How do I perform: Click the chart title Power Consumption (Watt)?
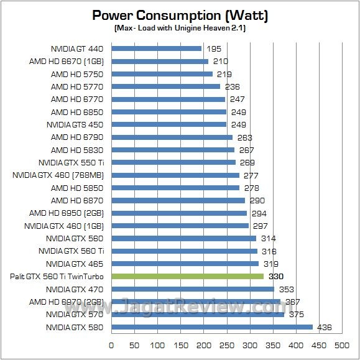point(180,15)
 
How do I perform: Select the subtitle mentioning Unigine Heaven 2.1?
point(180,29)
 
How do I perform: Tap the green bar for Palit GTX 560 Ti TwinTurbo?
point(187,276)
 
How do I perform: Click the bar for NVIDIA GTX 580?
point(211,327)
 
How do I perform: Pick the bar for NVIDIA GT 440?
point(156,48)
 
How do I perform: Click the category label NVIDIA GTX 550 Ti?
point(72,162)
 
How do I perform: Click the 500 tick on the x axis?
point(341,344)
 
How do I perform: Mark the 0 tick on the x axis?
point(111,344)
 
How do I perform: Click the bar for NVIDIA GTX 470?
point(192,289)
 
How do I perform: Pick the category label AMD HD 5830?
point(77,150)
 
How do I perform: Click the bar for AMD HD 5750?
point(162,73)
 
